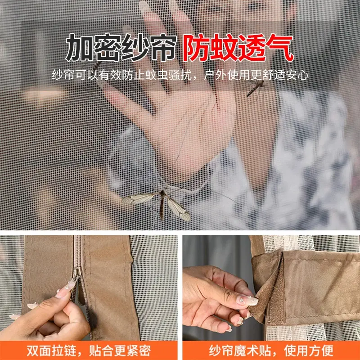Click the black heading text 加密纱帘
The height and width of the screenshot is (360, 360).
pyautogui.click(x=121, y=48)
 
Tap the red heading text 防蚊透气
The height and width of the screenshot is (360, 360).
pyautogui.click(x=238, y=48)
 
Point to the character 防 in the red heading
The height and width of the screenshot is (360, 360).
pyautogui.click(x=197, y=48)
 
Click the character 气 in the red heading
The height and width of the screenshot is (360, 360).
pyautogui.click(x=280, y=48)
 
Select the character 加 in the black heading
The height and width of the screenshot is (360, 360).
pyautogui.click(x=80, y=48)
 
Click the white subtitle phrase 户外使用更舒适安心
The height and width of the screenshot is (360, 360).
pyautogui.click(x=256, y=75)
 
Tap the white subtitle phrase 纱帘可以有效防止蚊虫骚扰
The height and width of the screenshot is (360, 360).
pyautogui.click(x=121, y=75)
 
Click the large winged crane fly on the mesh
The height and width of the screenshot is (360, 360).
pyautogui.click(x=158, y=202)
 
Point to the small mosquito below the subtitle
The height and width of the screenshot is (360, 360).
pyautogui.click(x=255, y=88)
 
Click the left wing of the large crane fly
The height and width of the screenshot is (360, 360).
pyautogui.click(x=138, y=199)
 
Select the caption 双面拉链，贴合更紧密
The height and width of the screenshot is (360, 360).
pyautogui.click(x=89, y=351)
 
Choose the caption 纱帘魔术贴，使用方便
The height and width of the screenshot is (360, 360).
pyautogui.click(x=271, y=351)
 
